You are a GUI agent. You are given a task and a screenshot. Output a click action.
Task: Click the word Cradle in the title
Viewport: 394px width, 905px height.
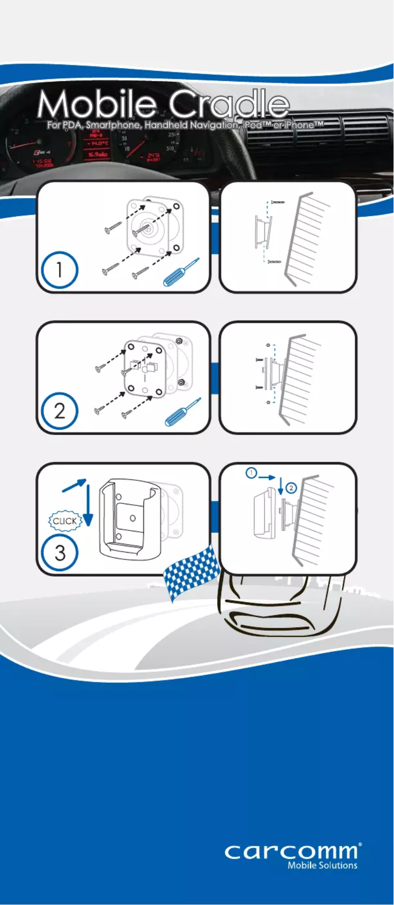pos(228,104)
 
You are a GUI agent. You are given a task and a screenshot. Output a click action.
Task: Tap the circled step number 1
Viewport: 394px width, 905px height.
pos(59,270)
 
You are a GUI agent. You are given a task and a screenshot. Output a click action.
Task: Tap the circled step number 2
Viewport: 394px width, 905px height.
pos(59,410)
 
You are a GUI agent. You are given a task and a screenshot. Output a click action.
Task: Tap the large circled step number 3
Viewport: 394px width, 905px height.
pos(59,552)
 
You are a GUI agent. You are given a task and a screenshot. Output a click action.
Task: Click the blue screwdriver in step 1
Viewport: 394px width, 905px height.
pos(181,272)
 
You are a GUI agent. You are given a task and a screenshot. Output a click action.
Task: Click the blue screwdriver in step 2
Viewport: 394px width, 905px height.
pos(183,412)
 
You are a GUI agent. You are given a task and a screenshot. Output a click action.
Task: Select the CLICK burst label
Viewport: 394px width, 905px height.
pos(64,521)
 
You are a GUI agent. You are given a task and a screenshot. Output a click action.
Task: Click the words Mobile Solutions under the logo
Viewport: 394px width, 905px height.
pos(322,866)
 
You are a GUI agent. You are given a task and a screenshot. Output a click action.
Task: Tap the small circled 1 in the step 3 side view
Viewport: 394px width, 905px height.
pos(251,473)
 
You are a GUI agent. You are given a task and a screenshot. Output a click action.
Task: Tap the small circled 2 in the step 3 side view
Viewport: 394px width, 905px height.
pos(291,488)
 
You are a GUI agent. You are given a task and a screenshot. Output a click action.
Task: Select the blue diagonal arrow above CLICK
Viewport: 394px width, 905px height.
pos(74,485)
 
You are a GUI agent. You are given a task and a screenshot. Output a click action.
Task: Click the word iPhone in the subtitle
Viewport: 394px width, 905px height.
pos(299,125)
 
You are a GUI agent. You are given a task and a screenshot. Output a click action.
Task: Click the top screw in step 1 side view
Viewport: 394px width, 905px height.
pos(278,202)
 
